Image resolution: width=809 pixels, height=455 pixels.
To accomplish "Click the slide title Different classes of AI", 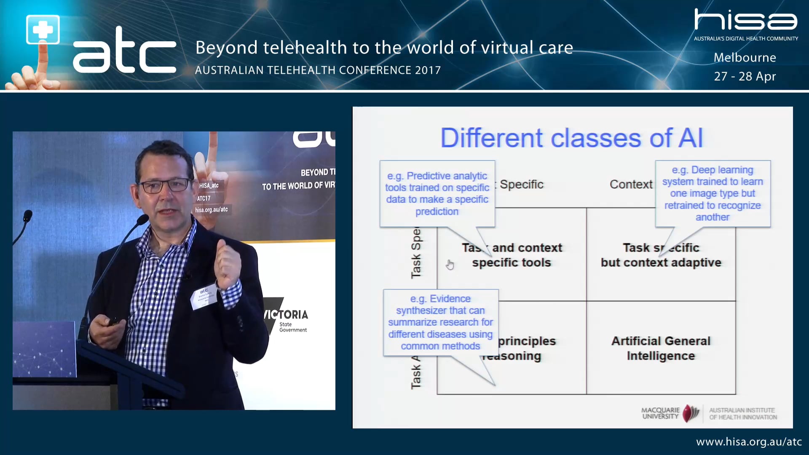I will tap(571, 138).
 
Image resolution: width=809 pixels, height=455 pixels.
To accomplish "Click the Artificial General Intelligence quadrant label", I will tap(661, 348).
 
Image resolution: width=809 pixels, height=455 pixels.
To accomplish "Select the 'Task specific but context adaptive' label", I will tap(661, 255).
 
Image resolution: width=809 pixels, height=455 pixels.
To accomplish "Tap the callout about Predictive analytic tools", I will tap(437, 193).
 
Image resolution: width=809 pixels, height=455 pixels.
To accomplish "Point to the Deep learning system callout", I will tap(713, 193).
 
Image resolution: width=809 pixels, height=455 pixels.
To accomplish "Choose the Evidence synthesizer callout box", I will tap(440, 322).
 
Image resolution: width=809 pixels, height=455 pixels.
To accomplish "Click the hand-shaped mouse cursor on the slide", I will tap(450, 265).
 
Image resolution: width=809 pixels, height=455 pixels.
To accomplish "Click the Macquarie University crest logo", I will tap(691, 413).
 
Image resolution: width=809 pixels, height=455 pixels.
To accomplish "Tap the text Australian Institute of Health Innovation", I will tap(742, 413).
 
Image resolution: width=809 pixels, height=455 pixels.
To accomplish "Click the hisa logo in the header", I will tap(745, 20).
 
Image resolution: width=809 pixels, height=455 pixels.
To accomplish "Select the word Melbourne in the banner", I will tap(745, 58).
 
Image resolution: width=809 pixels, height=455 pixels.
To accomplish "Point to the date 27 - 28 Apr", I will tap(745, 76).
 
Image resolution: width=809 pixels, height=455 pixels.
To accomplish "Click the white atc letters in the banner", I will tap(125, 53).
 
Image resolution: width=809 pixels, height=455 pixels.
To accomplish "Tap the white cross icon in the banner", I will tap(43, 29).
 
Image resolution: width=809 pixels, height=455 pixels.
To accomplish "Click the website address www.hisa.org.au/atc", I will tap(748, 442).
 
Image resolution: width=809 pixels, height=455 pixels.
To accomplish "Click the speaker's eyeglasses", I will tap(164, 185).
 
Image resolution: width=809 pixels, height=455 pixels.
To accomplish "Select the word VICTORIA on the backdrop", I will tap(287, 314).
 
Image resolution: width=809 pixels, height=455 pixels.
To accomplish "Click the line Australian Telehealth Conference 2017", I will tap(318, 70).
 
